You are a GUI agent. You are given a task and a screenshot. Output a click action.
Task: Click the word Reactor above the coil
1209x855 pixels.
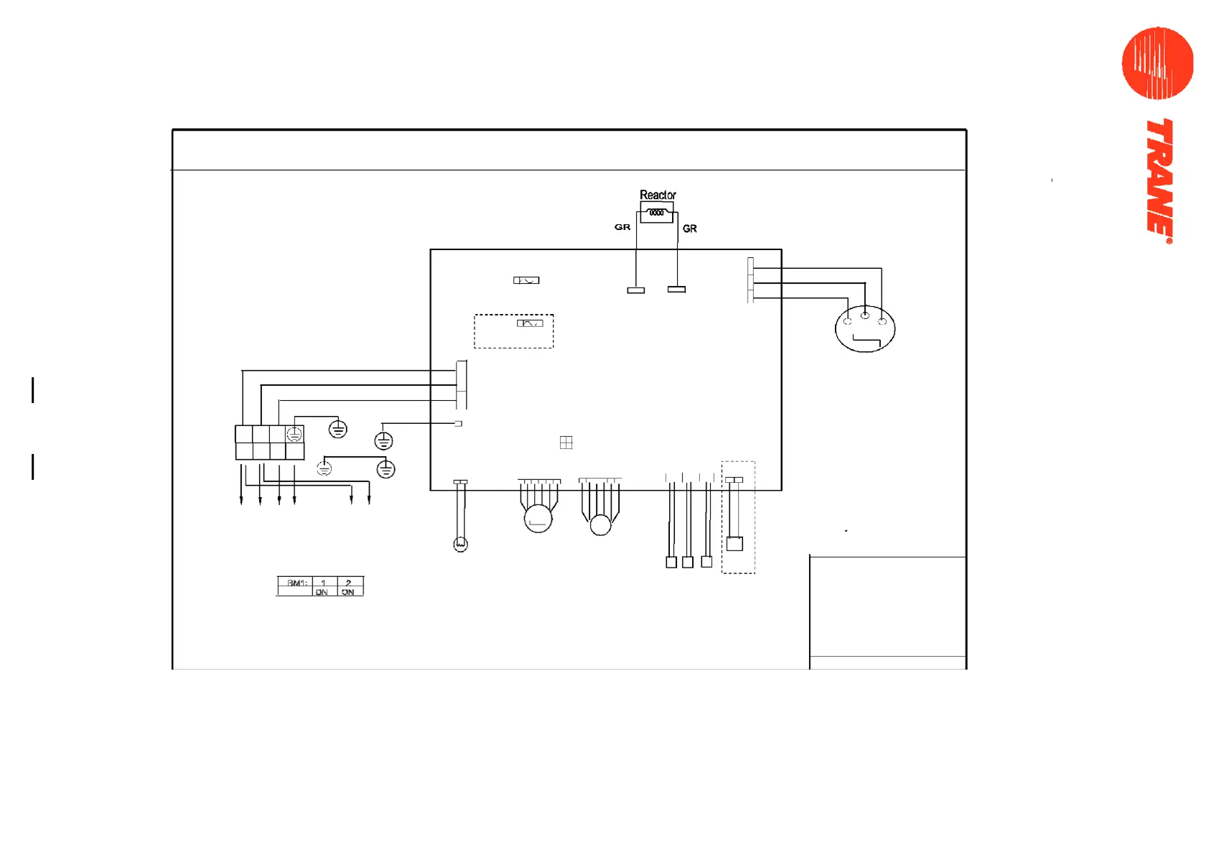click(x=658, y=195)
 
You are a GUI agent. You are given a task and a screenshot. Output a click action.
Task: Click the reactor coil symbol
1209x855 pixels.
click(x=656, y=213)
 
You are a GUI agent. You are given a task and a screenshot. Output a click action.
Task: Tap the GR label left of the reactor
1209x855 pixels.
click(x=622, y=227)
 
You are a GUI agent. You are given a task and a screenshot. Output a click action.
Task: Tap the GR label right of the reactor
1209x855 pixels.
click(x=690, y=228)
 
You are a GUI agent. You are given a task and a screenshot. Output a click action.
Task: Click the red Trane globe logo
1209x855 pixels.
click(x=1157, y=63)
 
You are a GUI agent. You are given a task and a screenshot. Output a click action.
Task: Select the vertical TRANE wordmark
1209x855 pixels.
click(x=1159, y=180)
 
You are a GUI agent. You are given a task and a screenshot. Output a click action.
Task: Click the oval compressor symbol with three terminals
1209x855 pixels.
click(x=865, y=329)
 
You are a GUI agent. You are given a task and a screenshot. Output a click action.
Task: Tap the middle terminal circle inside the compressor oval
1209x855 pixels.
click(x=865, y=315)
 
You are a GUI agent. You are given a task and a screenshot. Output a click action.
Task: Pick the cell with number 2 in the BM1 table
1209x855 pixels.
click(x=349, y=583)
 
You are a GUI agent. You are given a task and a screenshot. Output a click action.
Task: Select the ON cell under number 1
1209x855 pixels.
click(x=322, y=592)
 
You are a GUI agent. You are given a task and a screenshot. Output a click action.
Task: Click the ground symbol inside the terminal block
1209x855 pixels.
click(x=294, y=434)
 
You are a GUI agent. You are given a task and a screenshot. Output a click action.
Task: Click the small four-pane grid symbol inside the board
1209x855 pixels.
click(x=566, y=443)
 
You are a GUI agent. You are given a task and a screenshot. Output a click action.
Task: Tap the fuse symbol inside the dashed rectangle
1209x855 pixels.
click(x=530, y=323)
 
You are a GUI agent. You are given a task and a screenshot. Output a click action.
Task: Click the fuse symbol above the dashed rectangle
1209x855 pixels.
click(x=526, y=280)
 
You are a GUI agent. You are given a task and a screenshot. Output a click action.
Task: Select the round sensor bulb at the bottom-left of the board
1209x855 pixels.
click(x=461, y=545)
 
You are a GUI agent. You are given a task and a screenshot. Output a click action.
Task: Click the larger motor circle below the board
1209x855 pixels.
click(x=538, y=518)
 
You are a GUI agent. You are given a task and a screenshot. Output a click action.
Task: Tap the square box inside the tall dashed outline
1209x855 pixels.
click(x=734, y=544)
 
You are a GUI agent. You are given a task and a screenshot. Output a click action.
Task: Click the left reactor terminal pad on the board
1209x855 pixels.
click(x=636, y=290)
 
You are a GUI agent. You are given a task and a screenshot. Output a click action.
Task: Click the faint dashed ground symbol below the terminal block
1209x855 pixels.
click(x=325, y=469)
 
